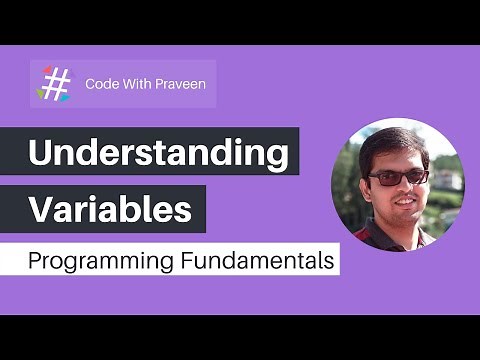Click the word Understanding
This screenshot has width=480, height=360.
click(x=157, y=155)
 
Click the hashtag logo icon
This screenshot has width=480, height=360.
click(x=56, y=83)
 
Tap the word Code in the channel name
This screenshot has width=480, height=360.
click(x=103, y=83)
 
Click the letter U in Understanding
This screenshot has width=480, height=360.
click(x=41, y=155)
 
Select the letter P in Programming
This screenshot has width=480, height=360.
click(x=34, y=262)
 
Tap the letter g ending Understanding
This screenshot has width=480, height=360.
click(x=277, y=159)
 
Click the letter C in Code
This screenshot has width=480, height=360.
click(x=91, y=83)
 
